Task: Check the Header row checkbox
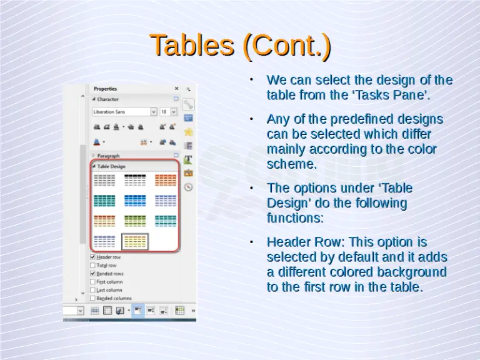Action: pos(93,257)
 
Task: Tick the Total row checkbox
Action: pos(93,265)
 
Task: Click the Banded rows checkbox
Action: pos(93,273)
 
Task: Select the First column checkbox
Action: pos(93,282)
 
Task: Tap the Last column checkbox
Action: pos(93,290)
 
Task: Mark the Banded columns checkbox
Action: pos(93,298)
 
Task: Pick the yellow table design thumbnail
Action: pos(135,241)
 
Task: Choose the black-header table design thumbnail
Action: pos(135,180)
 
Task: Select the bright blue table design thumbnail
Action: pos(135,200)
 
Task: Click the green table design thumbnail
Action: pos(135,221)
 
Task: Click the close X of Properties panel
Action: pos(176,89)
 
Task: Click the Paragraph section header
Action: pos(108,156)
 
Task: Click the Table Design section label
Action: pos(111,167)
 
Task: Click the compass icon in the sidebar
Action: pos(188,187)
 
